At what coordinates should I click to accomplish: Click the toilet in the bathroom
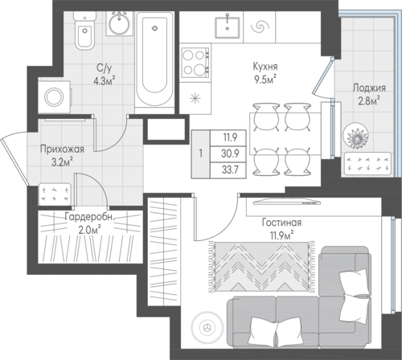pyautogui.click(x=84, y=31)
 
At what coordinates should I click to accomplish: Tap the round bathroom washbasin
pyautogui.click(x=120, y=23)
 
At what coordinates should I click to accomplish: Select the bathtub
pyautogui.click(x=154, y=59)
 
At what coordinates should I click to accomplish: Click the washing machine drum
pyautogui.click(x=54, y=96)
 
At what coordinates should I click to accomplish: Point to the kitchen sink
pyautogui.click(x=228, y=27)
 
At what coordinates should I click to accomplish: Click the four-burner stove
pyautogui.click(x=195, y=63)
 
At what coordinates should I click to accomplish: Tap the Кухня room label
pyautogui.click(x=265, y=67)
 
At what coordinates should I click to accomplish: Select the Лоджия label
pyautogui.click(x=369, y=88)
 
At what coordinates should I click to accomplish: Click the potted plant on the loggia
pyautogui.click(x=355, y=136)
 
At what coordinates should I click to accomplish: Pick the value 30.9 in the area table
pyautogui.click(x=230, y=153)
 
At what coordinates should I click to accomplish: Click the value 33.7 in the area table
pyautogui.click(x=230, y=170)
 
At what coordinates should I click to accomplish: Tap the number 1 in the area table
pyautogui.click(x=200, y=153)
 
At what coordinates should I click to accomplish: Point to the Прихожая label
pyautogui.click(x=62, y=149)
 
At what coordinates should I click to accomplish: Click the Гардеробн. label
pyautogui.click(x=89, y=218)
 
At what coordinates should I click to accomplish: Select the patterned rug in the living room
pyautogui.click(x=261, y=267)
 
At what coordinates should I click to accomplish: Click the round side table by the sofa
pyautogui.click(x=207, y=327)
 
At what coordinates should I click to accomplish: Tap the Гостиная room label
pyautogui.click(x=281, y=223)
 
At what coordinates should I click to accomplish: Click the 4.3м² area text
pyautogui.click(x=105, y=80)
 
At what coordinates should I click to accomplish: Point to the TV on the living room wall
pyautogui.click(x=287, y=202)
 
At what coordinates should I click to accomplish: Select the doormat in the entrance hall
pyautogui.click(x=55, y=194)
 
